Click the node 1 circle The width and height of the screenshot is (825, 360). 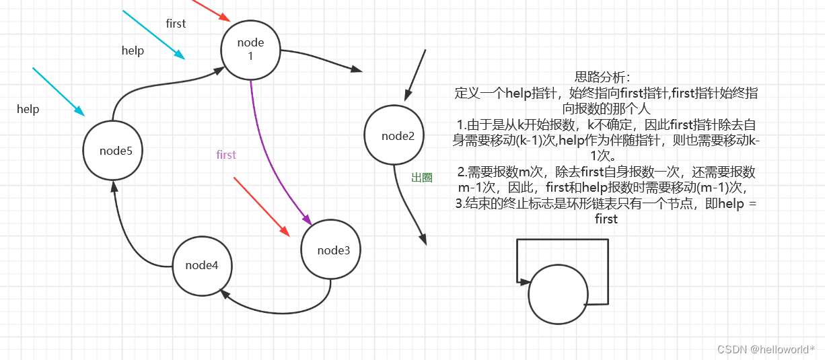tap(250, 49)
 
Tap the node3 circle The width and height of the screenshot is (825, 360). tap(332, 250)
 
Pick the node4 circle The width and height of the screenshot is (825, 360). tap(202, 265)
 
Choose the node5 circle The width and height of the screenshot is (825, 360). tap(115, 151)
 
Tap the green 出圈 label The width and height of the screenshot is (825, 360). tap(422, 178)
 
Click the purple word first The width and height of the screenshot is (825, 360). tap(226, 155)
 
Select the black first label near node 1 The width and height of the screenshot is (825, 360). tap(176, 24)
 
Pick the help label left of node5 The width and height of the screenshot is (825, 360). tap(28, 109)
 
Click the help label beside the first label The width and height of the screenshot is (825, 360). tap(133, 50)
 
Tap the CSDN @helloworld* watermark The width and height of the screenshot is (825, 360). tap(766, 349)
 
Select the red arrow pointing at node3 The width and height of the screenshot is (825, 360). tap(262, 207)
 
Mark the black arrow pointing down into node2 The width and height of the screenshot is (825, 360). tap(415, 75)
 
